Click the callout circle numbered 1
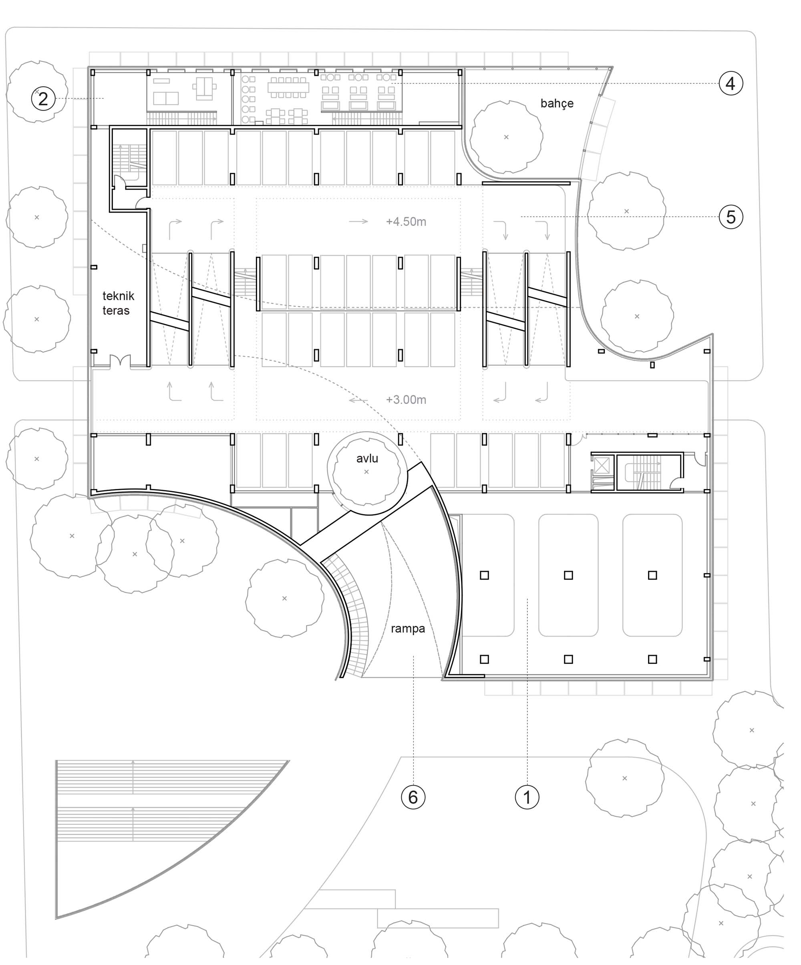(x=527, y=797)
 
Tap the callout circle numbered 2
(x=43, y=98)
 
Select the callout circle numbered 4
(x=731, y=83)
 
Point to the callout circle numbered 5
(x=731, y=216)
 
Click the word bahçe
(x=557, y=103)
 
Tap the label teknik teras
(x=118, y=303)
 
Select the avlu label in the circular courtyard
(x=367, y=458)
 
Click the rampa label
(x=408, y=629)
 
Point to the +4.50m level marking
(x=406, y=222)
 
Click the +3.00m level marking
(x=406, y=400)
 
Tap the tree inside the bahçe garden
(x=506, y=137)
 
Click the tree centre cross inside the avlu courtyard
(x=366, y=472)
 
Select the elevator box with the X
(x=602, y=465)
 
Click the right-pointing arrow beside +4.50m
(x=358, y=222)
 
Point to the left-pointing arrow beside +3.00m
(x=358, y=400)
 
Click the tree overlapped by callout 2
(x=38, y=91)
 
